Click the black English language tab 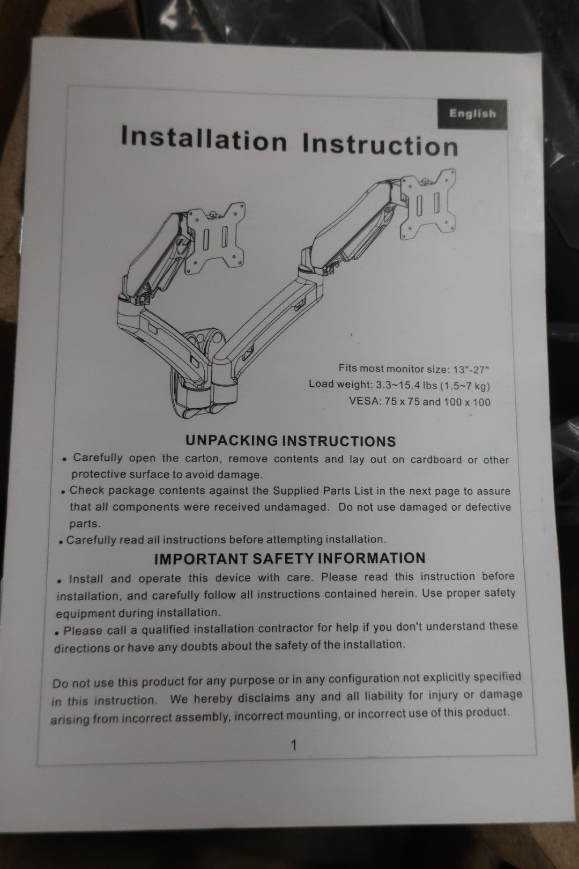point(472,114)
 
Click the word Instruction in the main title point(380,145)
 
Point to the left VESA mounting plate point(214,238)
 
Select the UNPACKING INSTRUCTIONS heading point(291,441)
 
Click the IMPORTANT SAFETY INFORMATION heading point(289,558)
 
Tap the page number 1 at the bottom point(294,745)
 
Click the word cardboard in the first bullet point(436,460)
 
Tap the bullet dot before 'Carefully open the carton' point(65,459)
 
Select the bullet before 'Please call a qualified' point(57,633)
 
